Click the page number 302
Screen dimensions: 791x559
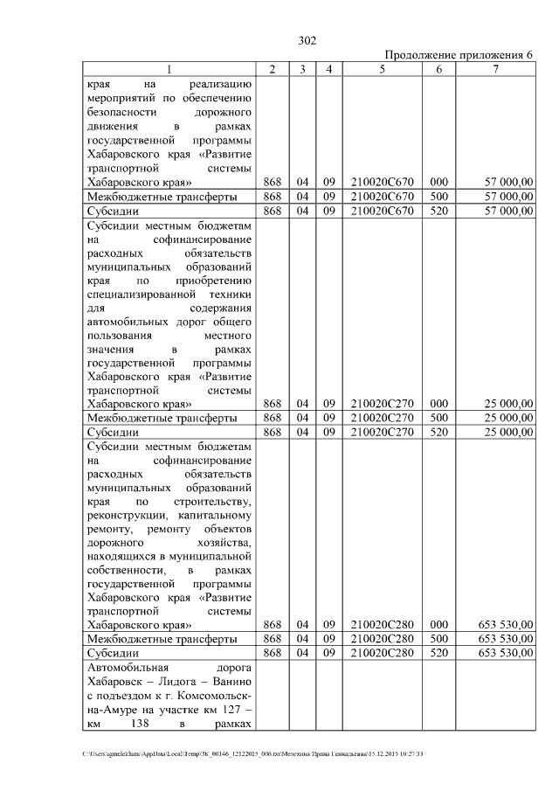(x=307, y=40)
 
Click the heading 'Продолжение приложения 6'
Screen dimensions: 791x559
(x=459, y=54)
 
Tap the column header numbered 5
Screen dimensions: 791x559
(x=382, y=69)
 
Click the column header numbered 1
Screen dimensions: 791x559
(x=169, y=69)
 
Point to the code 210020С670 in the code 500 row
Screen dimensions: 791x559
(x=382, y=197)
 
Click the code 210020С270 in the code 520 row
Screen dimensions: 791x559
(x=382, y=432)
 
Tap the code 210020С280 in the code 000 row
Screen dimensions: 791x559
(x=382, y=625)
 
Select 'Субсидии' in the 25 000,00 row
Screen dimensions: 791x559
(x=112, y=432)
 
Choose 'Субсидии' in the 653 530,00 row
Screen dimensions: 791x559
(x=112, y=653)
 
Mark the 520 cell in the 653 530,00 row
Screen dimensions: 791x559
(x=439, y=653)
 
